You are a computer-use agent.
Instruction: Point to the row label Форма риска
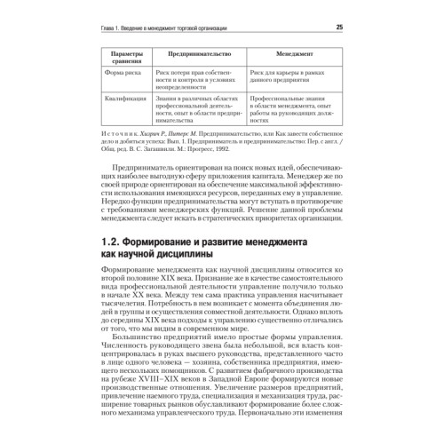(123, 74)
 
